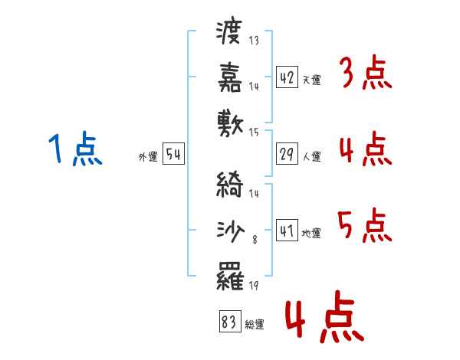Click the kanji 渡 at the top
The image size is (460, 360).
[229, 32]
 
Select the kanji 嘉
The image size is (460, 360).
[230, 77]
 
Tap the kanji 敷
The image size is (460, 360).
[230, 123]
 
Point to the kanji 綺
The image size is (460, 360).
[230, 184]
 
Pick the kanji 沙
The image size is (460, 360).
[230, 231]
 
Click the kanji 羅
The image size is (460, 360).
[230, 276]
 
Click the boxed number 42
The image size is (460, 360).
[287, 77]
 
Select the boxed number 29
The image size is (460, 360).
[287, 154]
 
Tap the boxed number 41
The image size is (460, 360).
[287, 230]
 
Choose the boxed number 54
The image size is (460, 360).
[173, 154]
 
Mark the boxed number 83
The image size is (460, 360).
[230, 321]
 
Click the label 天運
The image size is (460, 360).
[312, 80]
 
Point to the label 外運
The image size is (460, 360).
[148, 156]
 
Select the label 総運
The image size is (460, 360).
[255, 324]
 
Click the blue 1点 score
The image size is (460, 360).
[75, 149]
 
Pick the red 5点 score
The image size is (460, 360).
[365, 225]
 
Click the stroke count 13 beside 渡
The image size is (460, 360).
[254, 40]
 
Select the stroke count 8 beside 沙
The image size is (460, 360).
[255, 240]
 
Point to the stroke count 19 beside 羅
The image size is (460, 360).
[254, 285]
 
